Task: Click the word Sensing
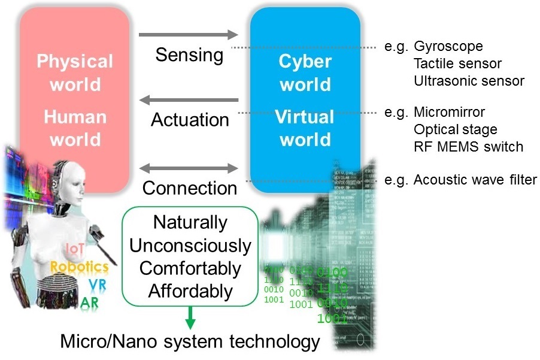(189, 55)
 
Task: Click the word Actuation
(190, 119)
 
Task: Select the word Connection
(190, 187)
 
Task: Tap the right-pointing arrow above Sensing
(189, 35)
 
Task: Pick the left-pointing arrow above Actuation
(189, 100)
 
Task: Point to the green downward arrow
(190, 317)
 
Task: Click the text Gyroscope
(448, 46)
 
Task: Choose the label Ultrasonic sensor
(469, 80)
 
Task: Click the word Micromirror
(449, 112)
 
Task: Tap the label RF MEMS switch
(468, 146)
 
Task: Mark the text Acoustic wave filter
(475, 180)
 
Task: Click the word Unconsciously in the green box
(190, 246)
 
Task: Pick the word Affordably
(190, 291)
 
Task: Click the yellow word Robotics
(79, 267)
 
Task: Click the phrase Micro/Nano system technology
(190, 342)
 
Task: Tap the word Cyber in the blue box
(305, 62)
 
